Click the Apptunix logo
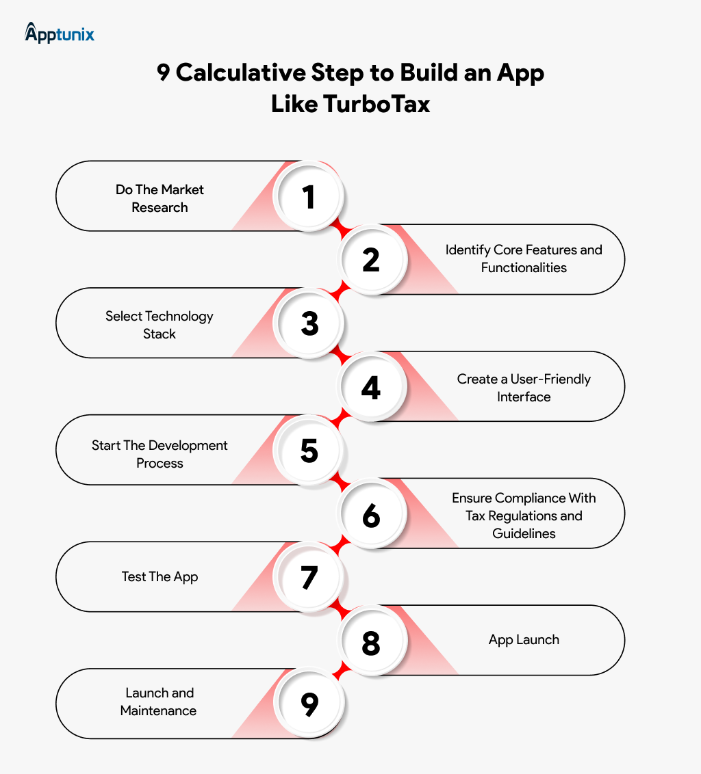[x=60, y=33]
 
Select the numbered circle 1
[x=309, y=196]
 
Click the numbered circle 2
[x=371, y=260]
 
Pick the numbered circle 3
[x=309, y=323]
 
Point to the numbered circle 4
[x=371, y=386]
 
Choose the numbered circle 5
[x=309, y=450]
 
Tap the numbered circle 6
[x=371, y=513]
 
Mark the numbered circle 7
[x=309, y=576]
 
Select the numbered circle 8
[x=371, y=640]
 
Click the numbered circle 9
[x=309, y=704]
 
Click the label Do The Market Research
[x=160, y=198]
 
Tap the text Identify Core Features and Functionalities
[x=524, y=258]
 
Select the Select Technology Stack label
[x=160, y=325]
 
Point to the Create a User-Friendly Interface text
[x=524, y=388]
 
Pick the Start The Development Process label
[x=160, y=454]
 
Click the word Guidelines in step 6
[x=524, y=533]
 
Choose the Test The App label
[x=160, y=577]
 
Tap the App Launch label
[x=524, y=640]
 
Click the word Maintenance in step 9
[x=158, y=711]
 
